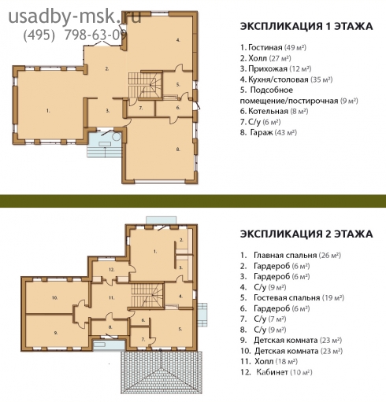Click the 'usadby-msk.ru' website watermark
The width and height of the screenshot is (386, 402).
(75, 17)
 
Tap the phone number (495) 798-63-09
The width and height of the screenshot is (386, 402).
(75, 35)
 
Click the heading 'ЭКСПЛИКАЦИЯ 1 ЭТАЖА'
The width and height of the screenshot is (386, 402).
(306, 27)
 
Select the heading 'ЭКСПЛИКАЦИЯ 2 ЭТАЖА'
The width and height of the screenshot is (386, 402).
(306, 234)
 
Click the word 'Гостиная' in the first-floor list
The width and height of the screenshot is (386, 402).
(265, 47)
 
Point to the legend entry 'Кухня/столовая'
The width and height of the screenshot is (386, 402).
(278, 79)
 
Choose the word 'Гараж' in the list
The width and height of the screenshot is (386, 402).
(262, 132)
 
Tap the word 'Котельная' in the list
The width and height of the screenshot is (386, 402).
(268, 111)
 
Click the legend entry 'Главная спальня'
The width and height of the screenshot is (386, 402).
(285, 256)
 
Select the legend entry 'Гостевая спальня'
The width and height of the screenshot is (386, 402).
(287, 298)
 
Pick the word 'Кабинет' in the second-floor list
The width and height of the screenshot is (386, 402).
(272, 372)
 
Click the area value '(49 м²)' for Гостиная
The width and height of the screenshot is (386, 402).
(295, 48)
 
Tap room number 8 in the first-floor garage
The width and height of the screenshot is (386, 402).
(178, 149)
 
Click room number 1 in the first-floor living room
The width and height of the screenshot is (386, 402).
(48, 111)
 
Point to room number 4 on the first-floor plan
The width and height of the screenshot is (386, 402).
(178, 40)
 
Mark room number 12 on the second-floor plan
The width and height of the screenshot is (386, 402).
(112, 269)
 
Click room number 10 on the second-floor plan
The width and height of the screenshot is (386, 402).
(55, 298)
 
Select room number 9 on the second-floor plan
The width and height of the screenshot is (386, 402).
(56, 333)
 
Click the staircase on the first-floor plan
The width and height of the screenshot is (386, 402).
(145, 85)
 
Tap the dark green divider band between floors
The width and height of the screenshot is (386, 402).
(193, 201)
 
